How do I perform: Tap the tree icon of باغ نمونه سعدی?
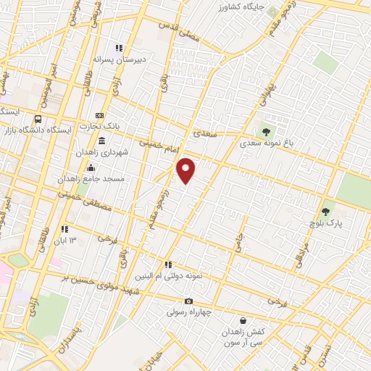266,132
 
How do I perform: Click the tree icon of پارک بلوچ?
325,212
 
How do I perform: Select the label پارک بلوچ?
328,225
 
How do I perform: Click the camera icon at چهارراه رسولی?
188,301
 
